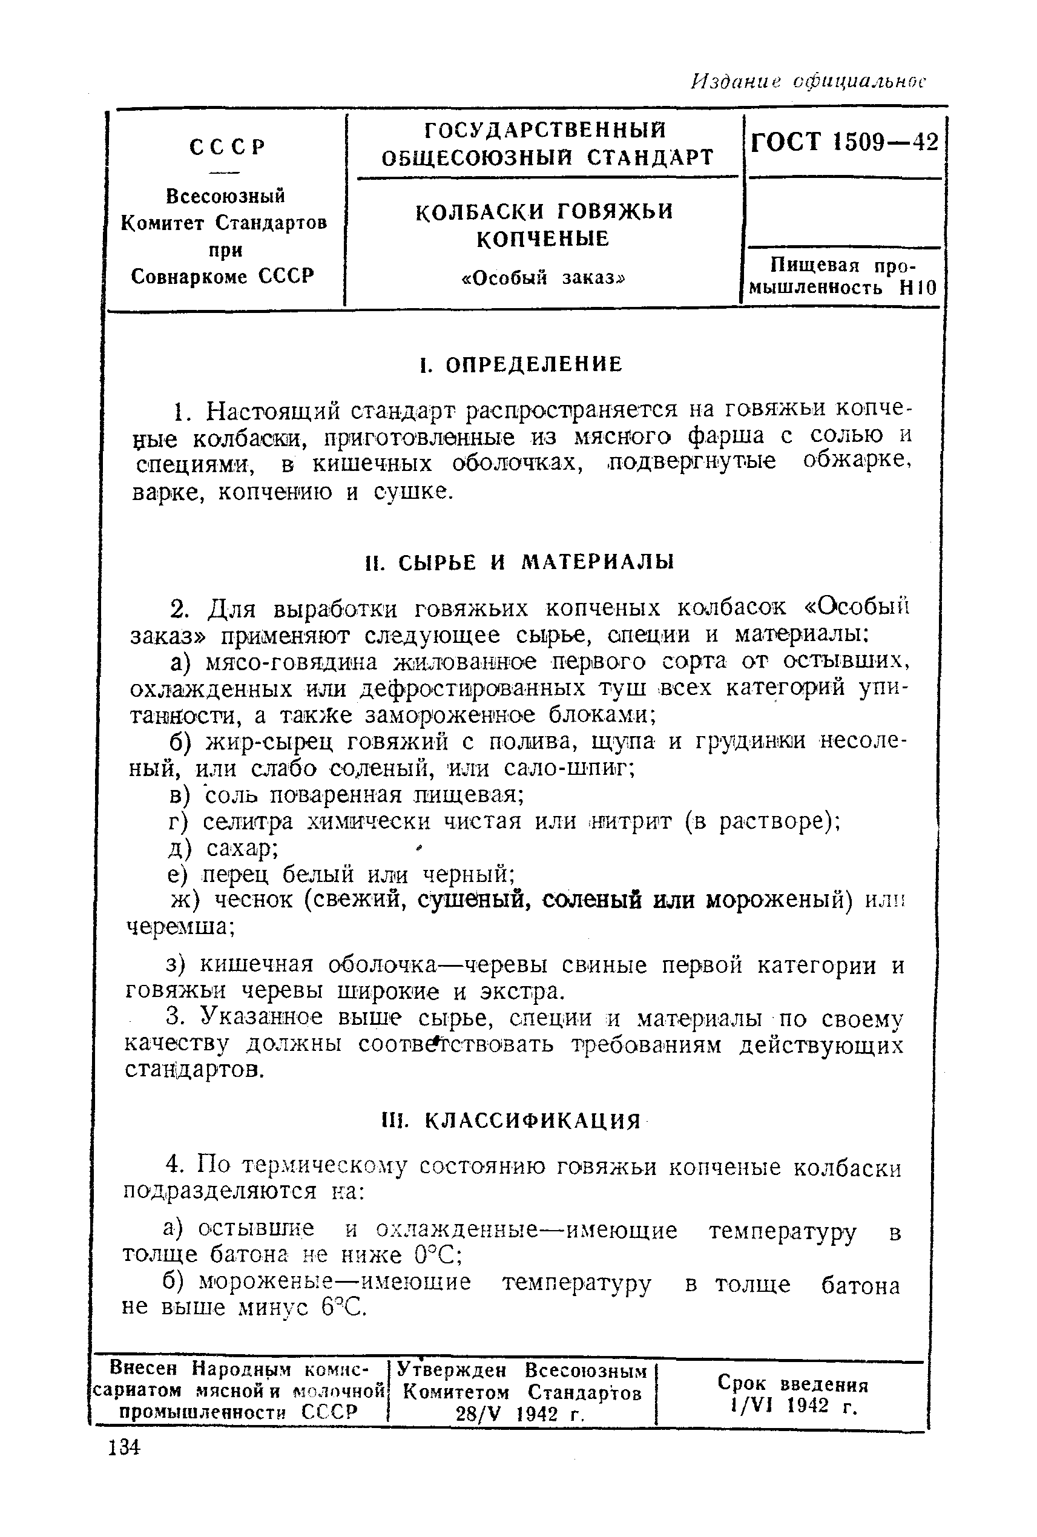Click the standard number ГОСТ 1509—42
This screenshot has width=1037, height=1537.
(844, 142)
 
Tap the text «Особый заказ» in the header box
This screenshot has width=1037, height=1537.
(542, 278)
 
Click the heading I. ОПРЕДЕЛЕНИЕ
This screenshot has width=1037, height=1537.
(521, 364)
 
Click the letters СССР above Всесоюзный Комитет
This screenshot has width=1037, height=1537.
(228, 146)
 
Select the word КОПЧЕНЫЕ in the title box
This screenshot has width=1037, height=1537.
(542, 239)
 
